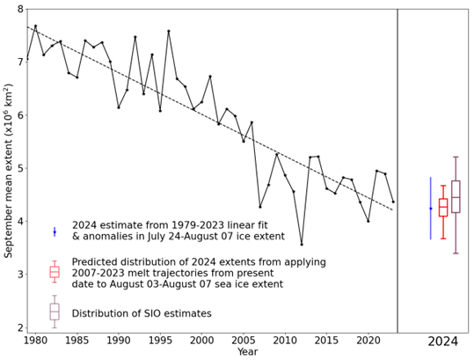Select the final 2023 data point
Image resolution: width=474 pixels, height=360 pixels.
pos(393,202)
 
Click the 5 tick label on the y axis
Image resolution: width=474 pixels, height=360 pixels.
pos(19,168)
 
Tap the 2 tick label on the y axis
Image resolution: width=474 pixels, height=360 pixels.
pos(19,327)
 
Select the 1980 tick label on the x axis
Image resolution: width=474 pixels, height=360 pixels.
pos(35,340)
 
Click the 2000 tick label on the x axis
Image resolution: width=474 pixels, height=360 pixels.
pos(201,340)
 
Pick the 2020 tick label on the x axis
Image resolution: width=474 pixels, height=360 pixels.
pos(368,340)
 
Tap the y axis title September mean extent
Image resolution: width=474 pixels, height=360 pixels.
pos(8,167)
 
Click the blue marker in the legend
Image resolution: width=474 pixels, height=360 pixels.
pos(55,231)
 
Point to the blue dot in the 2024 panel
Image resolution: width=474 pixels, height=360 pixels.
pos(430,209)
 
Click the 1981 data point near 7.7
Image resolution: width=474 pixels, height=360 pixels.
pos(35,26)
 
